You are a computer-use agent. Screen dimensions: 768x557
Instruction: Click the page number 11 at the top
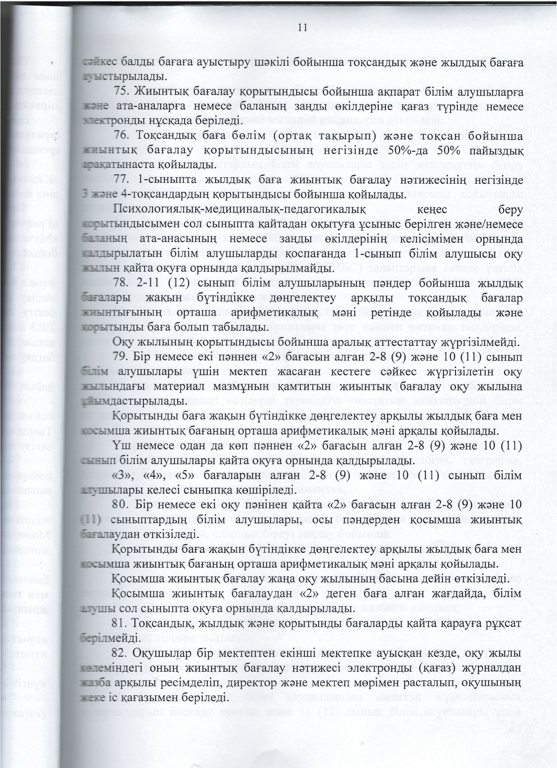[x=302, y=28]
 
